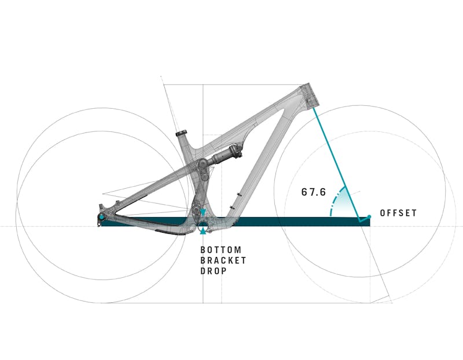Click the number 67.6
click(x=313, y=192)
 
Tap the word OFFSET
click(x=398, y=213)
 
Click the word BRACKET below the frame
click(x=223, y=260)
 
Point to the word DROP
click(x=214, y=271)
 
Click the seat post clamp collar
click(x=183, y=134)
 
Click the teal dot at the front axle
click(x=369, y=217)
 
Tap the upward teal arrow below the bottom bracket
click(x=203, y=231)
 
